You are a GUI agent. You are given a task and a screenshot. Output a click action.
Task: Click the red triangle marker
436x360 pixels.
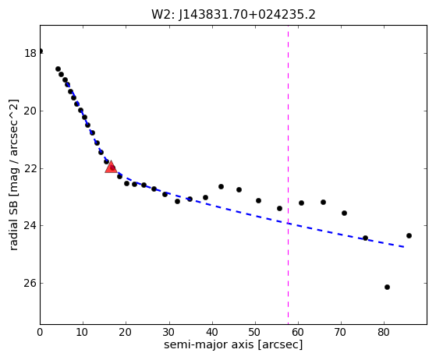[x=111, y=167]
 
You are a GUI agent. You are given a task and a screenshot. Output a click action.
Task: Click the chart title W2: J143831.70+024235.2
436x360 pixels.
[x=233, y=15]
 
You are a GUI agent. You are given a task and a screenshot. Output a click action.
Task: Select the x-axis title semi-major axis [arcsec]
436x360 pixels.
[x=233, y=344]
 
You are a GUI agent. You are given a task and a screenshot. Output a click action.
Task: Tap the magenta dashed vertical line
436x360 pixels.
[x=288, y=175]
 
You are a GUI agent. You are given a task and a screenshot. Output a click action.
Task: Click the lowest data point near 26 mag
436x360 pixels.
[x=387, y=287]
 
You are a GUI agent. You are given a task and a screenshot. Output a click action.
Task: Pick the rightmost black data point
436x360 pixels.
[x=409, y=235]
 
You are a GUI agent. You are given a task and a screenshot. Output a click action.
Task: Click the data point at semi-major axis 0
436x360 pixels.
[x=41, y=51]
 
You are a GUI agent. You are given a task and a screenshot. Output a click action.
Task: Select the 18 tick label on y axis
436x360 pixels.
[x=30, y=53]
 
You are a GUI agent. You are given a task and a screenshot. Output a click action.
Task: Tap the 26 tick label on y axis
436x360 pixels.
[x=30, y=283]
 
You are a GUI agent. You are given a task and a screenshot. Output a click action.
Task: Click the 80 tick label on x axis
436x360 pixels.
[x=384, y=332]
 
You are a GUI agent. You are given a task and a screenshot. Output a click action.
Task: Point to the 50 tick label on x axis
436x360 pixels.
[x=255, y=332]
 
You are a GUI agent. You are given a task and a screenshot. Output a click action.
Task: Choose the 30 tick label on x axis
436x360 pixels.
[x=168, y=332]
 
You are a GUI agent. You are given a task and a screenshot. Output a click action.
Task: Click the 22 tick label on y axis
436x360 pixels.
[x=30, y=168]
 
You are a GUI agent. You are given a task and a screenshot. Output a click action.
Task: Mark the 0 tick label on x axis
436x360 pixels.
[x=40, y=332]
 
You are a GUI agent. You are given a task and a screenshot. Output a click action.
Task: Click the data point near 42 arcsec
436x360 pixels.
[x=221, y=186]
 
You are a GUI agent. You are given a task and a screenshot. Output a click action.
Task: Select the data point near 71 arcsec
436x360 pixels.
[x=344, y=213]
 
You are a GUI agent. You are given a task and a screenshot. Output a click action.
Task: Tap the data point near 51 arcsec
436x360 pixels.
[x=258, y=200]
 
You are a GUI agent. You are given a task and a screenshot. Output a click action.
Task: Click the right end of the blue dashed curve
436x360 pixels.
[x=404, y=247]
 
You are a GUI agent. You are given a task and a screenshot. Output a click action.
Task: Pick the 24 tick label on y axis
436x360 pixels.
[x=30, y=225]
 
